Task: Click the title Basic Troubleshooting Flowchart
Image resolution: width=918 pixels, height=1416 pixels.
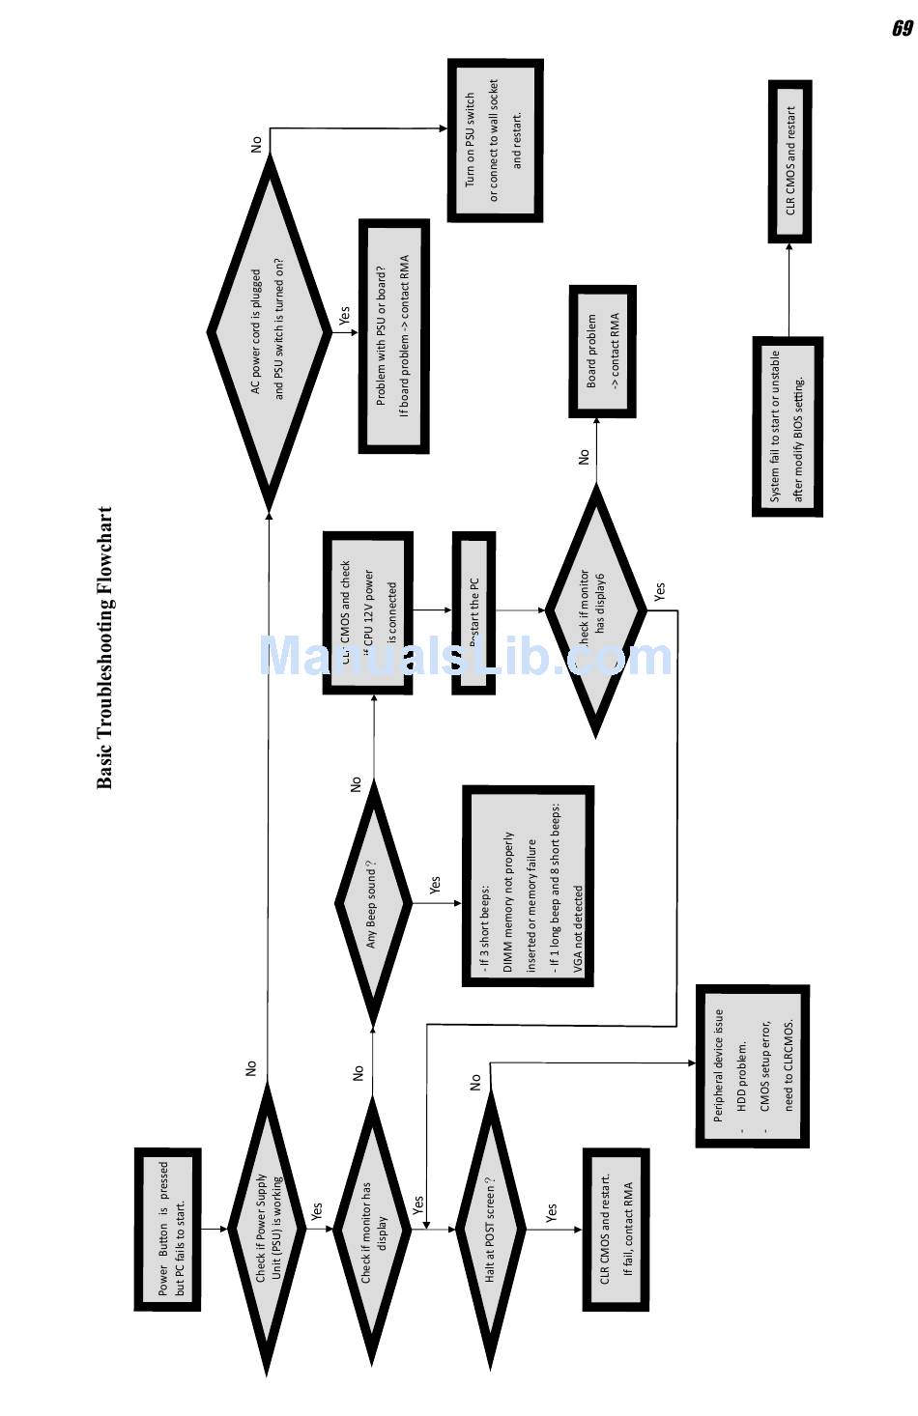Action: (105, 647)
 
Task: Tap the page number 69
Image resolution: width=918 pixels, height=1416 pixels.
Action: (901, 29)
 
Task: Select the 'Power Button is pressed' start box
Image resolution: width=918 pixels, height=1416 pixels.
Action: (168, 1229)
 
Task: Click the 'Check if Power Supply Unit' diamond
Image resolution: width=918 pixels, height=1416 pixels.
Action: (267, 1229)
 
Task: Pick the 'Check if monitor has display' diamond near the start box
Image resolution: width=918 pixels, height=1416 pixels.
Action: (372, 1229)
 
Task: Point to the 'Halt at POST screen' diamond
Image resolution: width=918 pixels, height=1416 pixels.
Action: (492, 1229)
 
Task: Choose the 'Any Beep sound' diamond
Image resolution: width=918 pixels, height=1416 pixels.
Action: (373, 903)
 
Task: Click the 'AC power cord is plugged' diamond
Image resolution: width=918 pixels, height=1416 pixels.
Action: (269, 332)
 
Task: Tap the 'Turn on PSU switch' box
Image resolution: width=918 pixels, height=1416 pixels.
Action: (495, 141)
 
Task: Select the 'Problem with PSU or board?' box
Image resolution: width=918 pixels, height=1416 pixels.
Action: (393, 335)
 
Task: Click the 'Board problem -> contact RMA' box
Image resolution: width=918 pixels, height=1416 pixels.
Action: (602, 351)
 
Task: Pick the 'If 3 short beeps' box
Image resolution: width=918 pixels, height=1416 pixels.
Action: (528, 885)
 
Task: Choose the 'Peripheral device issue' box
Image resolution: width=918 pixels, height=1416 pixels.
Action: (752, 1065)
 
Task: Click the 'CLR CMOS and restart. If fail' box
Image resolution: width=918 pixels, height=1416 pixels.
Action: (615, 1229)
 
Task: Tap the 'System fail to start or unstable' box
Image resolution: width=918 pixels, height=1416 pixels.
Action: (787, 426)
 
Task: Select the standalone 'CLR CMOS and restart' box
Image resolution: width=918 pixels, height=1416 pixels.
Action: (789, 161)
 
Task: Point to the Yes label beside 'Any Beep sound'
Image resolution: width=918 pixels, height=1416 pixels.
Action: (435, 885)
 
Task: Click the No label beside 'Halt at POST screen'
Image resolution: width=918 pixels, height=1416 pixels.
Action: (475, 1082)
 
